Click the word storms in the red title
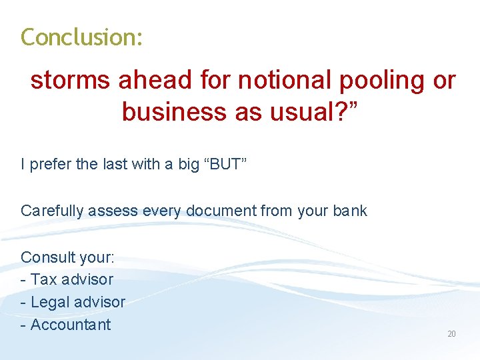[70, 81]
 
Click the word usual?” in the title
[315, 111]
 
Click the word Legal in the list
[50, 303]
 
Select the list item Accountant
[70, 325]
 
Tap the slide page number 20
[451, 333]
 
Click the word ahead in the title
[155, 81]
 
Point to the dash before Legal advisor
[24, 303]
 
